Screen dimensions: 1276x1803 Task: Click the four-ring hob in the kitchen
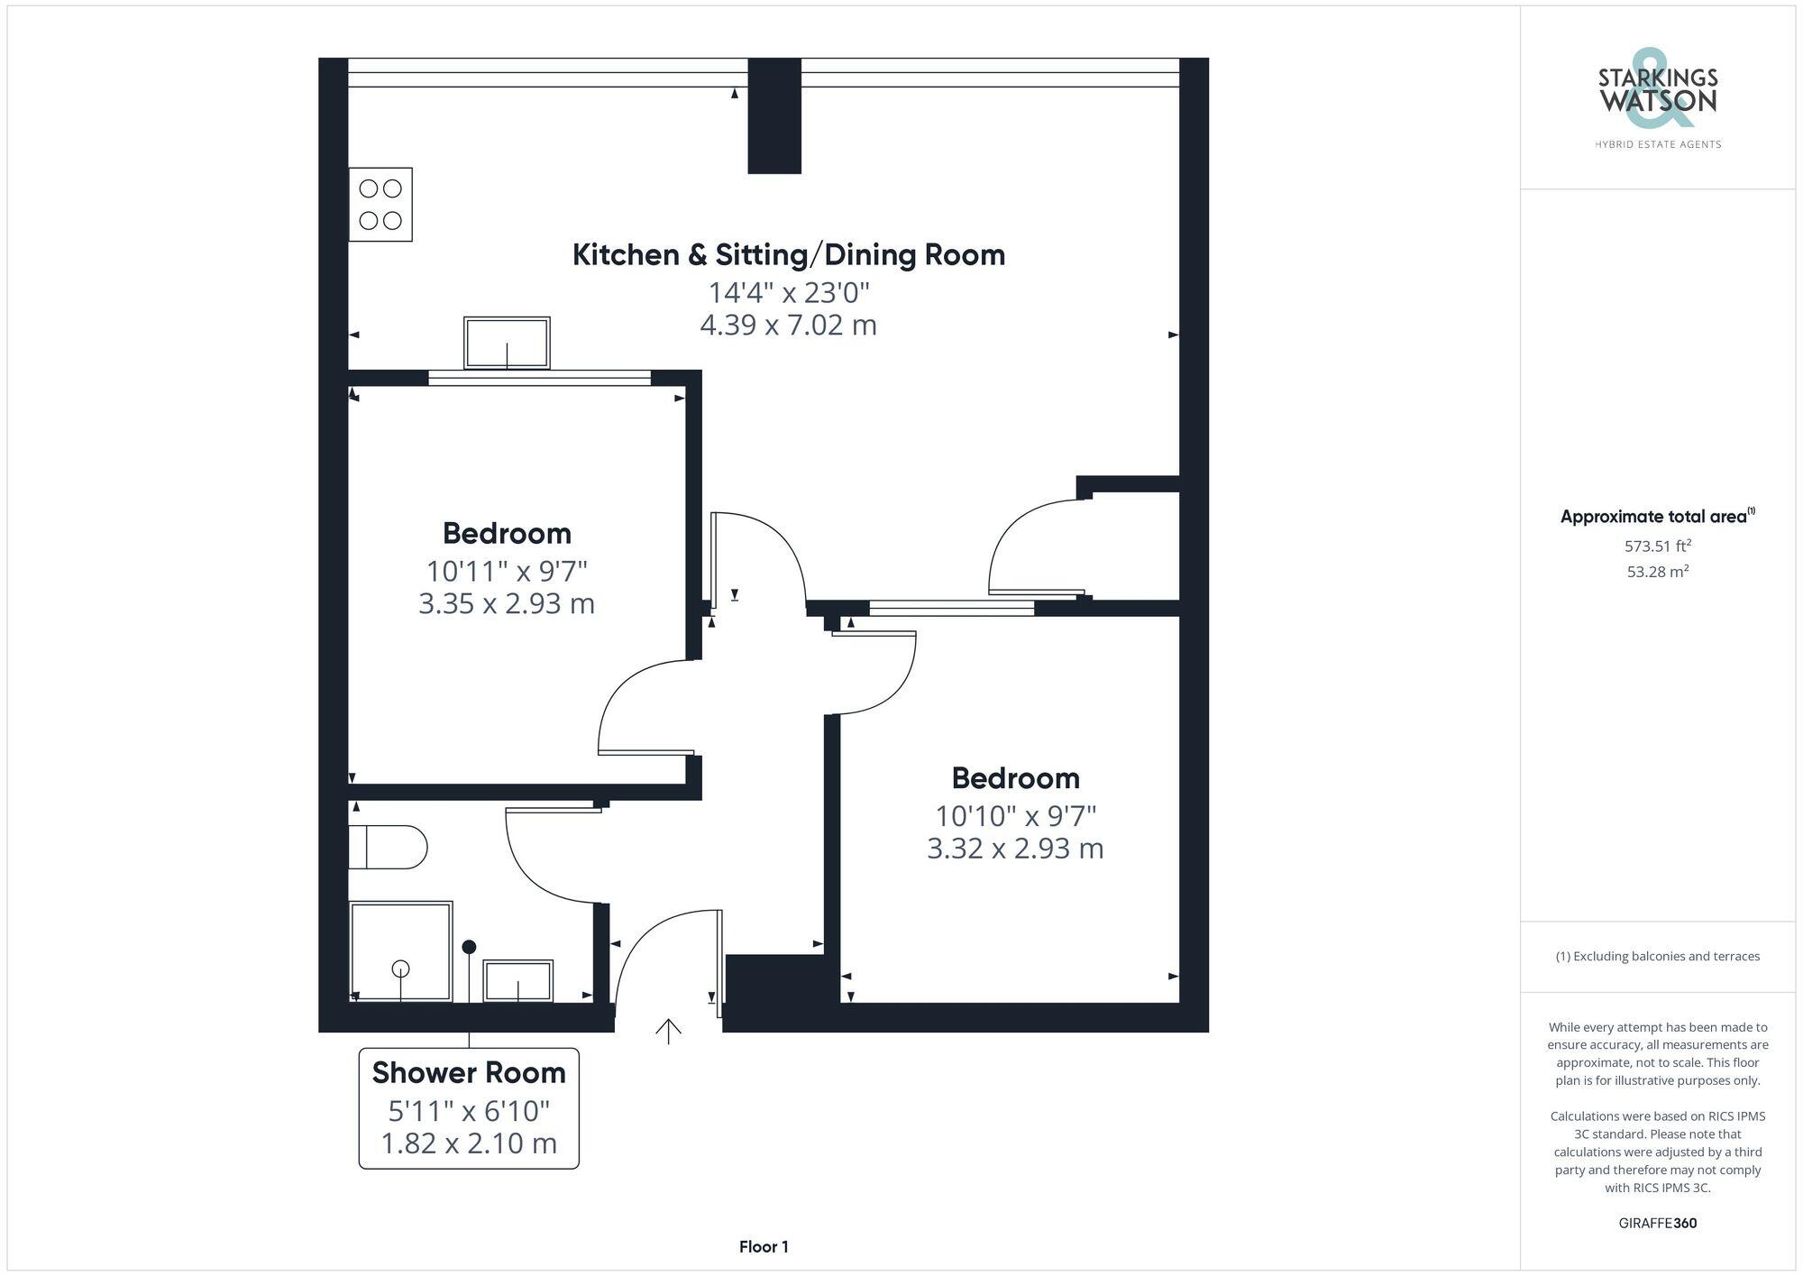380,205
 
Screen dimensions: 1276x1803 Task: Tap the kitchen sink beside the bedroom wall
507,343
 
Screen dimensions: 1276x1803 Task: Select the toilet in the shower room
389,847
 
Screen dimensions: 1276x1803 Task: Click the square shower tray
401,951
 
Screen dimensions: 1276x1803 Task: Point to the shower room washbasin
518,980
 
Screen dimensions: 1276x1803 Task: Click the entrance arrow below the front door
668,1031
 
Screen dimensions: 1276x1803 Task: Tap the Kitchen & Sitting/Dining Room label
789,255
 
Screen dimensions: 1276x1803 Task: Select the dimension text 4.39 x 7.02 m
789,325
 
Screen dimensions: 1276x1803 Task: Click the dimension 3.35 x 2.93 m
507,603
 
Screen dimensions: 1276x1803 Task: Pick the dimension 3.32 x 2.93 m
1015,849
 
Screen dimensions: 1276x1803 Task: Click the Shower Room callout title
469,1073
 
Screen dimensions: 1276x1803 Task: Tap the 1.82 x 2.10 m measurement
469,1143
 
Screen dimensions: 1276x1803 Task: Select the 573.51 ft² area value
1657,546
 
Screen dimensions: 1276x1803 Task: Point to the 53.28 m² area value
1657,572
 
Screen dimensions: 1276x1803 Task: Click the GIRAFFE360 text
1657,1224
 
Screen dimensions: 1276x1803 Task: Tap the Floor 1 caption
764,1247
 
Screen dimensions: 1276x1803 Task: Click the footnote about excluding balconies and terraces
1657,957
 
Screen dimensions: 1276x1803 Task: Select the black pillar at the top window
774,115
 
